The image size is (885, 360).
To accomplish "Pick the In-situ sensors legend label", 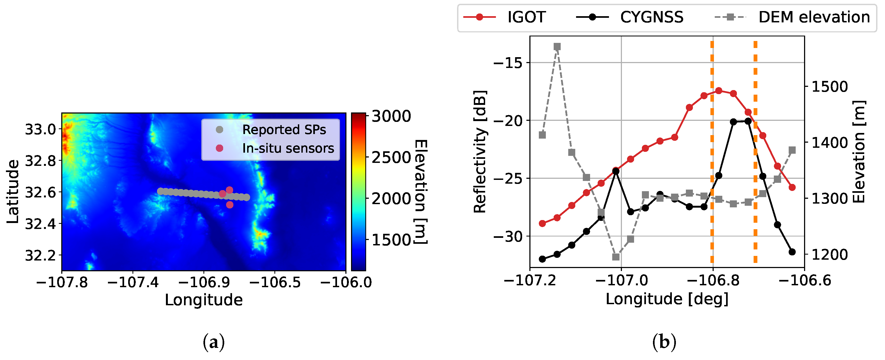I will pos(288,148).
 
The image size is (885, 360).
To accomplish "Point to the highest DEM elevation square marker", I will pos(557,46).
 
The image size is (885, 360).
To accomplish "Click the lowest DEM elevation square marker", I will pos(616,257).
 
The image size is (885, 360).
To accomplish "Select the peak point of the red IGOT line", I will pos(718,91).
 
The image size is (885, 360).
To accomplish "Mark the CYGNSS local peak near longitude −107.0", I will pos(616,171).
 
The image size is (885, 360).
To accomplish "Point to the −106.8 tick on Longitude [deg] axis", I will pos(713,281).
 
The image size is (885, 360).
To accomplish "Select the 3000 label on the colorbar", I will pos(391,116).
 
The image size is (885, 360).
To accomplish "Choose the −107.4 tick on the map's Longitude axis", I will pos(132,282).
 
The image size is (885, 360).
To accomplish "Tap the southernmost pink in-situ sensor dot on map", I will pos(230,205).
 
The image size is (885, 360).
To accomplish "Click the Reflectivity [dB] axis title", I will pos(480,152).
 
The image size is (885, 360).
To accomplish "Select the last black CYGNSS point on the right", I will pos(792,252).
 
